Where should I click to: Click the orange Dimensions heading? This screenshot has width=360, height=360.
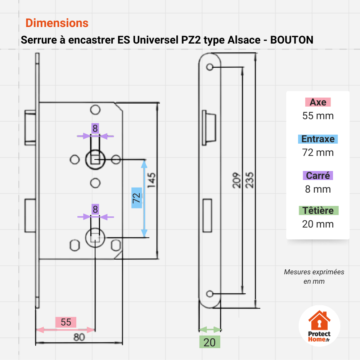point(57,23)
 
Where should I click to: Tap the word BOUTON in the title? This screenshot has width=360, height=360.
point(292,40)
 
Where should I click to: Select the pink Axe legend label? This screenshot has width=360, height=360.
point(318,102)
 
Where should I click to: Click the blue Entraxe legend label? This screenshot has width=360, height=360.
point(318,139)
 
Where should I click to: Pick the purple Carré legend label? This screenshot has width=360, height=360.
point(318,175)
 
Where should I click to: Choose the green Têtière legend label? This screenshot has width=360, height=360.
point(319,211)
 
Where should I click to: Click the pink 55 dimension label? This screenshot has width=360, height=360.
point(66,322)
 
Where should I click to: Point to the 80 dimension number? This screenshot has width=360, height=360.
point(79,337)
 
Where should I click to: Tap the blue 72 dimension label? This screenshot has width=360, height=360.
point(136,198)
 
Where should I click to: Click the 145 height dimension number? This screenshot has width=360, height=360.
point(152,180)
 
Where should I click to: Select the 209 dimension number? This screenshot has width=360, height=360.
point(237,180)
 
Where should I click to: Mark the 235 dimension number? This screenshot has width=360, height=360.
point(249,180)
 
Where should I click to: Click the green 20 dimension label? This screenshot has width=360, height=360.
point(210,342)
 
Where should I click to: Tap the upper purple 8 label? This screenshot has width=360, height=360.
point(95,129)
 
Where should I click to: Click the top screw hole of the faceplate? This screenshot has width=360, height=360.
point(210,67)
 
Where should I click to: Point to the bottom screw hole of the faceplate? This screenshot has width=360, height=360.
point(210,294)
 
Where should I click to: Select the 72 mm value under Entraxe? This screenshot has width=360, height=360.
point(318,152)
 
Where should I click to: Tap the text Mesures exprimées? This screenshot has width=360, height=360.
point(314,272)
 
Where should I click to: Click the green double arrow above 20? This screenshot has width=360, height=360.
point(210,330)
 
